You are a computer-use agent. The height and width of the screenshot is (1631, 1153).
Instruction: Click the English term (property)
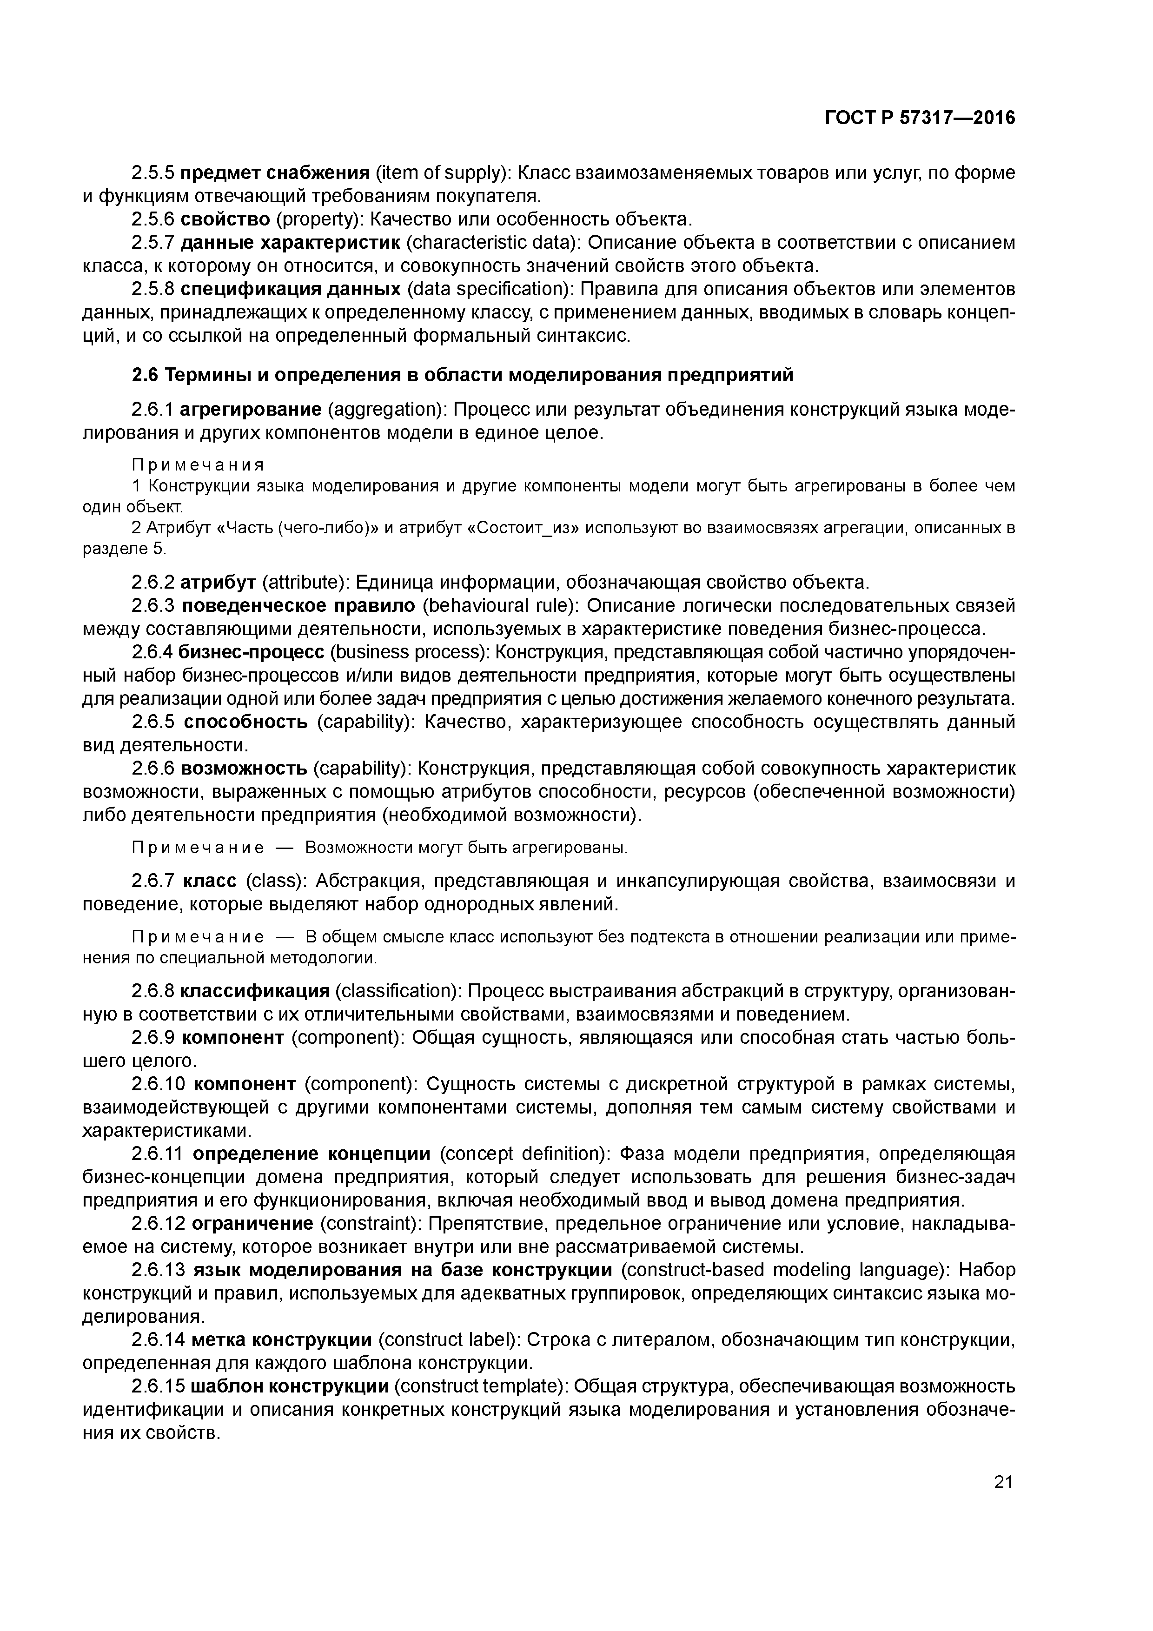[x=313, y=219]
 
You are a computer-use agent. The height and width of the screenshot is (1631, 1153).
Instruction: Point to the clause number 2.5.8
[x=153, y=289]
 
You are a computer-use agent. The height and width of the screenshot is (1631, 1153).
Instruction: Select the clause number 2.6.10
[x=159, y=1084]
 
